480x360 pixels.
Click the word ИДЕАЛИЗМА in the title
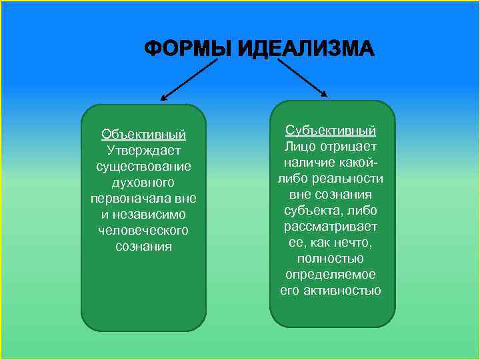(x=307, y=49)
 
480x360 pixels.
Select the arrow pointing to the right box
(x=301, y=76)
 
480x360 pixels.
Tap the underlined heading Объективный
(x=143, y=135)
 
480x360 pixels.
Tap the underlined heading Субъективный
(x=331, y=130)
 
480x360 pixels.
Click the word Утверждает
(x=143, y=150)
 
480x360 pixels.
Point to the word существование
(x=143, y=166)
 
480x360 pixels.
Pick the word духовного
(x=143, y=182)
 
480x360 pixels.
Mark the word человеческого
(x=143, y=230)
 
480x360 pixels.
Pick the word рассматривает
(x=331, y=226)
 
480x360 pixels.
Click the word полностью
(x=331, y=258)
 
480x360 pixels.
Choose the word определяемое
(x=331, y=274)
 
